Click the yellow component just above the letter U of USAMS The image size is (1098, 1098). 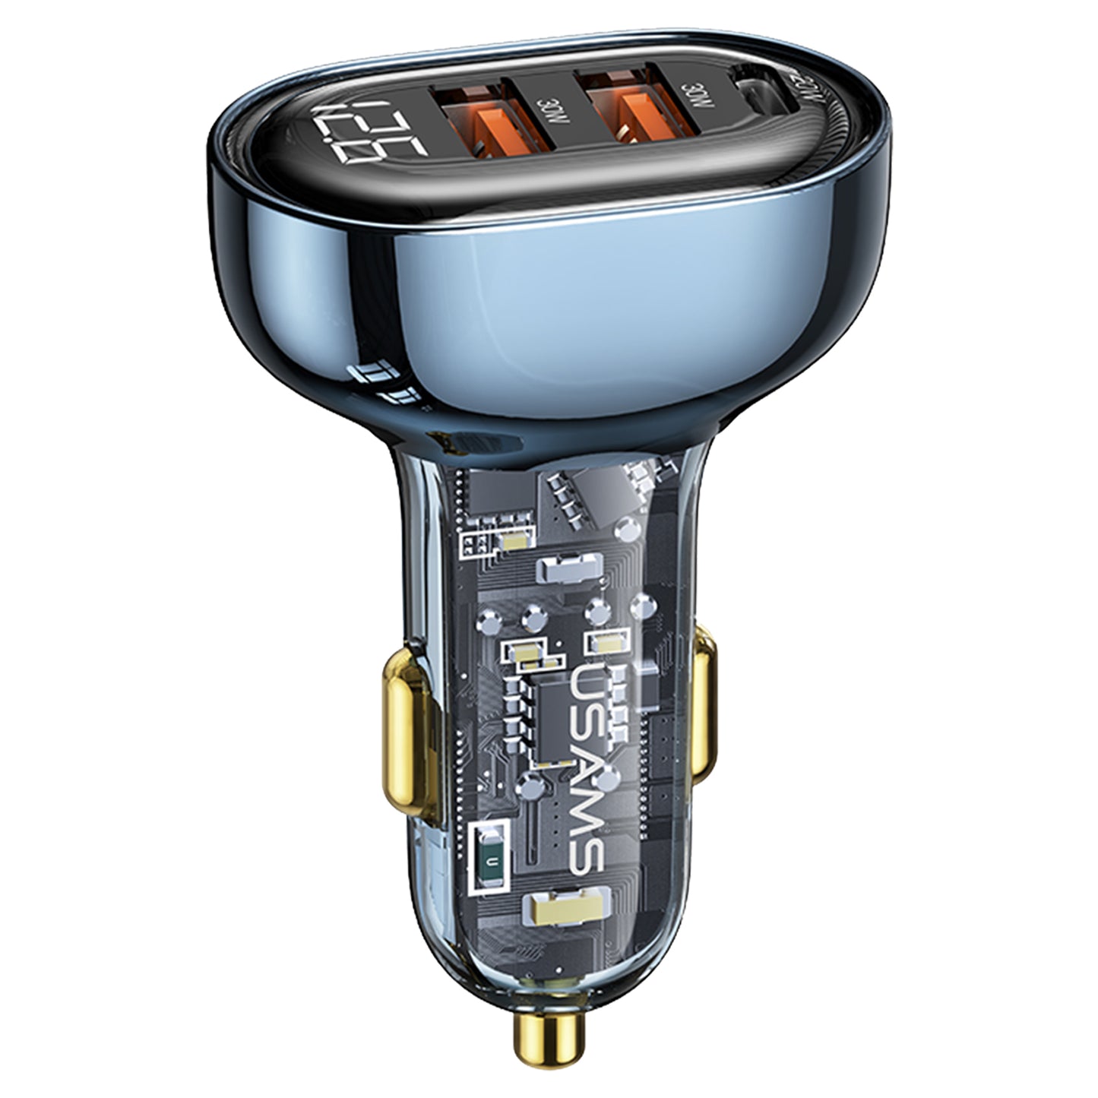(604, 644)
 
